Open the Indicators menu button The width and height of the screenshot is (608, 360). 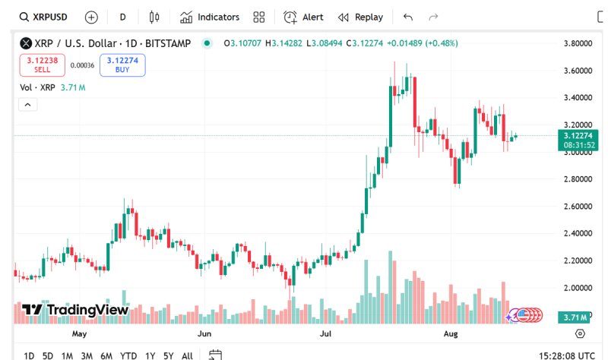pos(210,17)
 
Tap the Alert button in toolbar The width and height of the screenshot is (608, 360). pos(303,17)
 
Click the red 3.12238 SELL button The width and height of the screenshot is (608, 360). pos(43,65)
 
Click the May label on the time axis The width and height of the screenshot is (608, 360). pos(80,333)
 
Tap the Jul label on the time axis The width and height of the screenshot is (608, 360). pos(326,333)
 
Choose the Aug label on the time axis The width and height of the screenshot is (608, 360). pos(450,333)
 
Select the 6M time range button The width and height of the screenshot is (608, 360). pos(106,355)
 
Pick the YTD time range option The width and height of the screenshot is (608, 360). pos(128,355)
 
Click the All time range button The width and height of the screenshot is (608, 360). pos(187,355)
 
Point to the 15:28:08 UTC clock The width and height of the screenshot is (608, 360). pos(567,355)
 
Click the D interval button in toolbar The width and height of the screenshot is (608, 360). pos(122,17)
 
